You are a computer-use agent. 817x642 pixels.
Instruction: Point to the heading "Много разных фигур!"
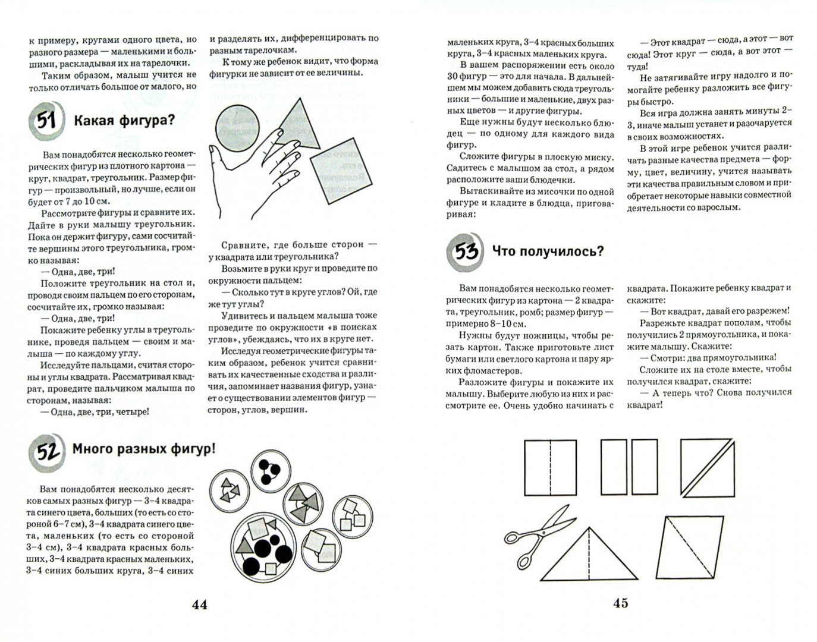(x=143, y=449)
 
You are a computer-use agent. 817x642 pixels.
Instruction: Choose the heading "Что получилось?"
(x=548, y=251)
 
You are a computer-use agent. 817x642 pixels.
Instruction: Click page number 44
(x=199, y=605)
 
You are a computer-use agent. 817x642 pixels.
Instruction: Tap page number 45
(x=620, y=603)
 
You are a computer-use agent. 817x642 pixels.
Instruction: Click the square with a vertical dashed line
(x=550, y=467)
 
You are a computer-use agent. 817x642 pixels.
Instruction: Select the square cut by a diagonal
(x=707, y=467)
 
